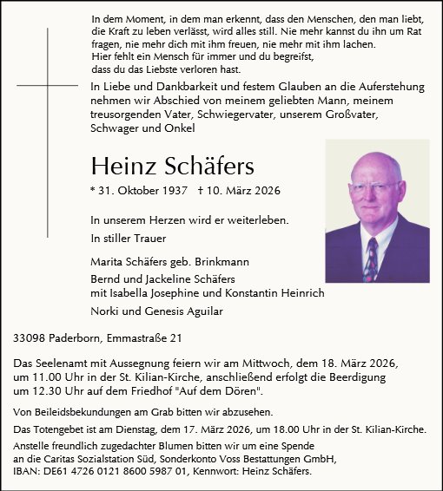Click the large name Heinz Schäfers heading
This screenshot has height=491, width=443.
point(172,166)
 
